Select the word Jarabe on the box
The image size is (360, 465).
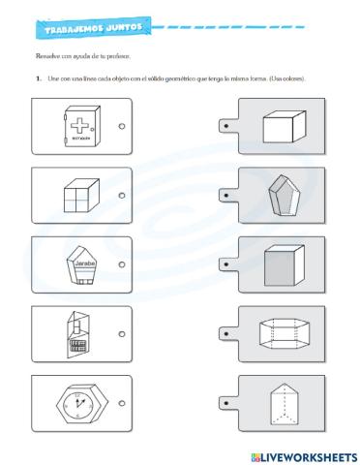tap(80, 261)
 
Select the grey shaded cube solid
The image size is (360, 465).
tap(282, 264)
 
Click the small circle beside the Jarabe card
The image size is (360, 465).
tap(121, 263)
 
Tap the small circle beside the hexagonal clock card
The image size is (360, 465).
tap(121, 401)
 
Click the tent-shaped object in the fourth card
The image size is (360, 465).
tap(77, 329)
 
